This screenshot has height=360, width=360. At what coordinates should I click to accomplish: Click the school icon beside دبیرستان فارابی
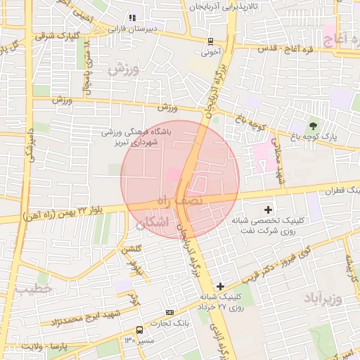[131, 18]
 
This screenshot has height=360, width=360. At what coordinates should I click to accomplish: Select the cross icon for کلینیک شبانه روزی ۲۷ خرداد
[220, 286]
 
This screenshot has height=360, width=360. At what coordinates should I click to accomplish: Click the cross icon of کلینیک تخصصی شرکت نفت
[267, 209]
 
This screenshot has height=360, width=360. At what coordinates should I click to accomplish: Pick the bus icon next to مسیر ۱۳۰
[140, 329]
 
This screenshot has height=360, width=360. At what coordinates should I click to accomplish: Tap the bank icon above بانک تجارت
[169, 311]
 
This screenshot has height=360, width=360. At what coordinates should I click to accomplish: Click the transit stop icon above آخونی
[211, 41]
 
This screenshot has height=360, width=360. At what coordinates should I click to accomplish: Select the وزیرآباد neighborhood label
[323, 300]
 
